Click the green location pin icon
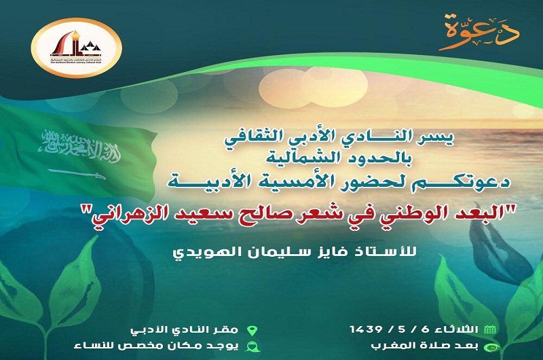point(252,330)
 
